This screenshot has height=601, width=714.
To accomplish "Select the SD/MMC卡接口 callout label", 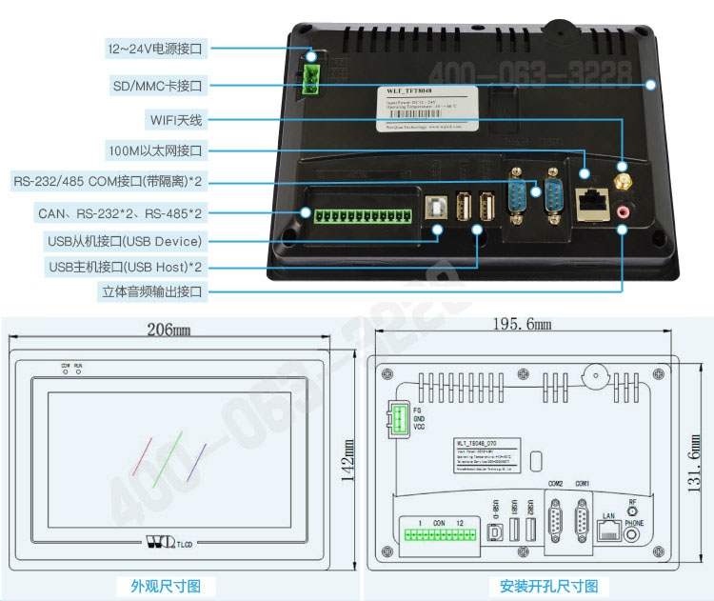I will tap(157, 86).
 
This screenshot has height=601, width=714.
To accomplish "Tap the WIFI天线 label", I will tap(176, 120).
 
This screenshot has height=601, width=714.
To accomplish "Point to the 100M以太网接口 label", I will tap(156, 150).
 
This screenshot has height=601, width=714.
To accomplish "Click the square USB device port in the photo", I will tap(438, 208).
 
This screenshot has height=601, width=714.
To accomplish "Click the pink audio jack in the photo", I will tap(624, 211).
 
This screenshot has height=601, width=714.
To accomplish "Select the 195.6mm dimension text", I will tap(522, 325).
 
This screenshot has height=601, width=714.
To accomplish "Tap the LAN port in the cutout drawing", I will tap(607, 531).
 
